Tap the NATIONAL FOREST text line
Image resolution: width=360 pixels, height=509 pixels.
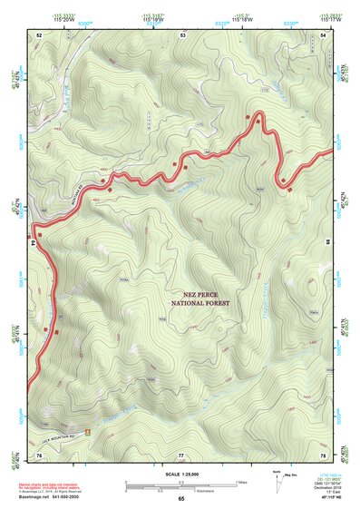tap(200, 306)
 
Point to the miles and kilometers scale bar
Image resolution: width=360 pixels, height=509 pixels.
tap(180, 485)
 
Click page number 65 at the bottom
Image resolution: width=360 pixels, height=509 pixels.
tap(180, 498)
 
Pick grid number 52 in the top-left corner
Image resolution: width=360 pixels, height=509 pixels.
tap(39, 34)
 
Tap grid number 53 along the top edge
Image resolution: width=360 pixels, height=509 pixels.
tap(182, 34)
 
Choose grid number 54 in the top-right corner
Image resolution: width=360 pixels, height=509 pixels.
tap(324, 34)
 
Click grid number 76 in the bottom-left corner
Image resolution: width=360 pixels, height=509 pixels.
tap(39, 455)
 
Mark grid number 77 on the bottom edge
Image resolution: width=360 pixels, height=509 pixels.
tap(181, 455)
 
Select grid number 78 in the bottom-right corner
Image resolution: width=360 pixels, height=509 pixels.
tap(323, 455)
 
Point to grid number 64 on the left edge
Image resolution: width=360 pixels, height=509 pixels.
tap(34, 243)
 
